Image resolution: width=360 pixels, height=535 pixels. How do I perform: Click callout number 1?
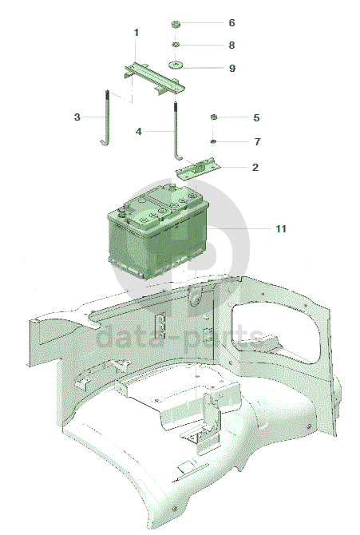(x=136, y=33)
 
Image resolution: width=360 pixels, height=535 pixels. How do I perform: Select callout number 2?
(x=255, y=167)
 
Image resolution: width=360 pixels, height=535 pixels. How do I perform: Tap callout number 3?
(x=77, y=117)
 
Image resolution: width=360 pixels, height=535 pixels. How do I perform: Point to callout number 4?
(x=139, y=132)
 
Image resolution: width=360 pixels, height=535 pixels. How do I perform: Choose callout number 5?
(x=256, y=117)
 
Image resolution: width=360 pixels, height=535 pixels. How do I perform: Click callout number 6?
(x=231, y=23)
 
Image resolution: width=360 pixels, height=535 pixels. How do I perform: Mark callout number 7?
(x=257, y=141)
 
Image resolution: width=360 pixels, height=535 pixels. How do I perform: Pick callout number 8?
(x=231, y=45)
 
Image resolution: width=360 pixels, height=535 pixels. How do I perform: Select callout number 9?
(x=232, y=68)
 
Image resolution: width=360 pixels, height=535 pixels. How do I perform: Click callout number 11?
(x=281, y=228)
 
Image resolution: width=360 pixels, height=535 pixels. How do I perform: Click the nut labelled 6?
(x=176, y=24)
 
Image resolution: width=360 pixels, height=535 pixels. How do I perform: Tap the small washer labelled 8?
(x=176, y=45)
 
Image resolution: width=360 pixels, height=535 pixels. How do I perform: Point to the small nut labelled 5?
(x=213, y=117)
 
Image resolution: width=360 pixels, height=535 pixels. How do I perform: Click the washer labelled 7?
(x=213, y=141)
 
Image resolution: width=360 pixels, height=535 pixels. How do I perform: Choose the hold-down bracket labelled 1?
(x=154, y=77)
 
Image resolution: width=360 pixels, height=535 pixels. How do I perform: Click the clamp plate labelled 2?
(x=198, y=168)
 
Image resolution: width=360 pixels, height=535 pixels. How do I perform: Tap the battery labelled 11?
(x=157, y=230)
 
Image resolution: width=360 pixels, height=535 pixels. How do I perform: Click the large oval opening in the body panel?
(x=276, y=332)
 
